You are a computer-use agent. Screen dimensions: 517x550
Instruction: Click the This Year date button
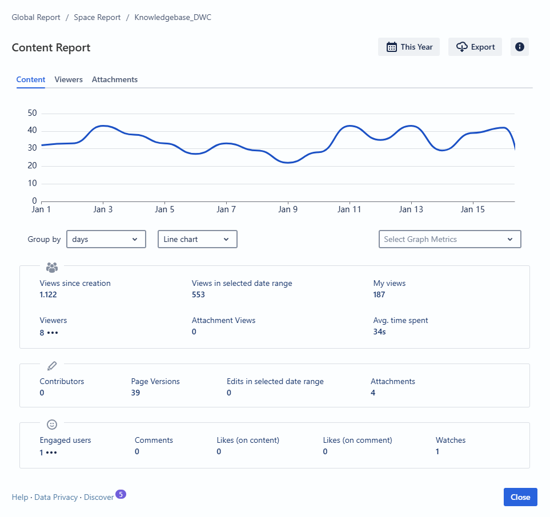[x=409, y=47]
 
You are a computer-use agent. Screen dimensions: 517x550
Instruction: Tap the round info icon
[x=520, y=47]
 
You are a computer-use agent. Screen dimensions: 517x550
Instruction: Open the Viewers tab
[x=69, y=79]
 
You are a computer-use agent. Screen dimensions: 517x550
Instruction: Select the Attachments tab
[x=115, y=79]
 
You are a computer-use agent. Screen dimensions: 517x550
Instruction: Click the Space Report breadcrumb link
[x=97, y=17]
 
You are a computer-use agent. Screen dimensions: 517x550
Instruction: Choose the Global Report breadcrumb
[x=36, y=17]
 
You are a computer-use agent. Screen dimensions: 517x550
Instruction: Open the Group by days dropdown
[x=106, y=239]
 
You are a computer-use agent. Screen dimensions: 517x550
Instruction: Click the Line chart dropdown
[x=197, y=239]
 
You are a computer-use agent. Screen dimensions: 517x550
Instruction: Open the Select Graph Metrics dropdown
[x=449, y=239]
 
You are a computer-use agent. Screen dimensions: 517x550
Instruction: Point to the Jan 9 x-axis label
[x=288, y=209]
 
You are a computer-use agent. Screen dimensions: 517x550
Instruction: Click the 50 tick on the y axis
[x=32, y=113]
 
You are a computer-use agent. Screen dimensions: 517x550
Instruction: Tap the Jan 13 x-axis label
[x=411, y=209]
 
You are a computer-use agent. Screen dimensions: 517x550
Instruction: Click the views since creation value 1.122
[x=48, y=294]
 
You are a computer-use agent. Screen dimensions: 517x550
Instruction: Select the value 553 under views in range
[x=198, y=294]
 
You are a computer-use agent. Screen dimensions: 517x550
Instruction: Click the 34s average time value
[x=379, y=332]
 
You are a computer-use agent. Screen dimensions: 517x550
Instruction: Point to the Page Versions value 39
[x=135, y=393]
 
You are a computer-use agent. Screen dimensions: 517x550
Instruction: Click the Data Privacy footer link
[x=56, y=497]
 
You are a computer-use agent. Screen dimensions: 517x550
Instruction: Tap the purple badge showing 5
[x=121, y=494]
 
